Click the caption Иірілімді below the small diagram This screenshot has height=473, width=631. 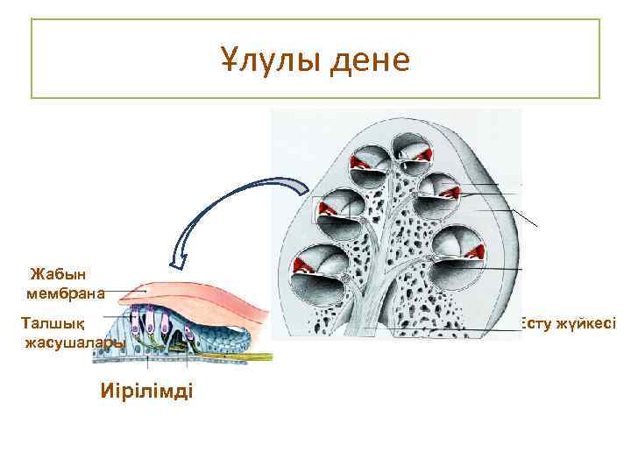pos(146,389)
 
